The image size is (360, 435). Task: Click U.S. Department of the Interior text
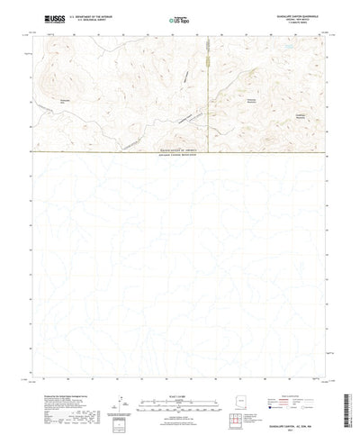[x=91, y=15]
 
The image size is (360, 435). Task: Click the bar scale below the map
[x=180, y=378]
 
